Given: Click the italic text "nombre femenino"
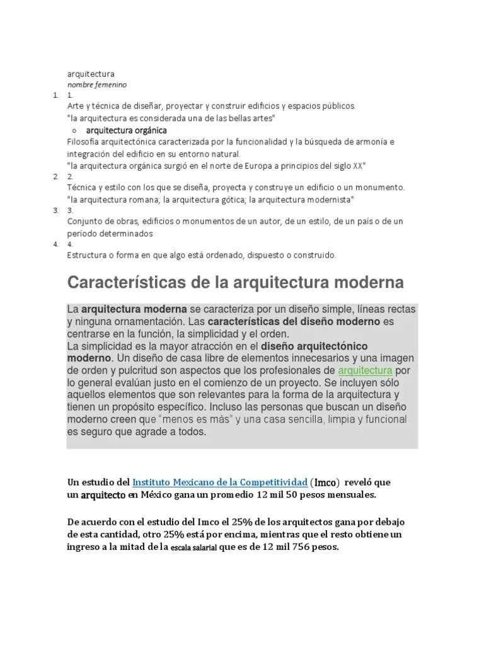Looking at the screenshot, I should [97, 84].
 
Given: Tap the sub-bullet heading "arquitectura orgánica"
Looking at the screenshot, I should [127, 130].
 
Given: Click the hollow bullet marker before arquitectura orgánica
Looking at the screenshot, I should [74, 130].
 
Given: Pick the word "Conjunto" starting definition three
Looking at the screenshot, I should [84, 222].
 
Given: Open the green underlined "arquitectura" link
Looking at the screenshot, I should [366, 370].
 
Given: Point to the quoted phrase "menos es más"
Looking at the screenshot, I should [192, 419].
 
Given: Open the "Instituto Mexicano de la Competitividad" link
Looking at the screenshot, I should [220, 482].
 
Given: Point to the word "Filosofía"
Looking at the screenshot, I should [88, 142].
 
